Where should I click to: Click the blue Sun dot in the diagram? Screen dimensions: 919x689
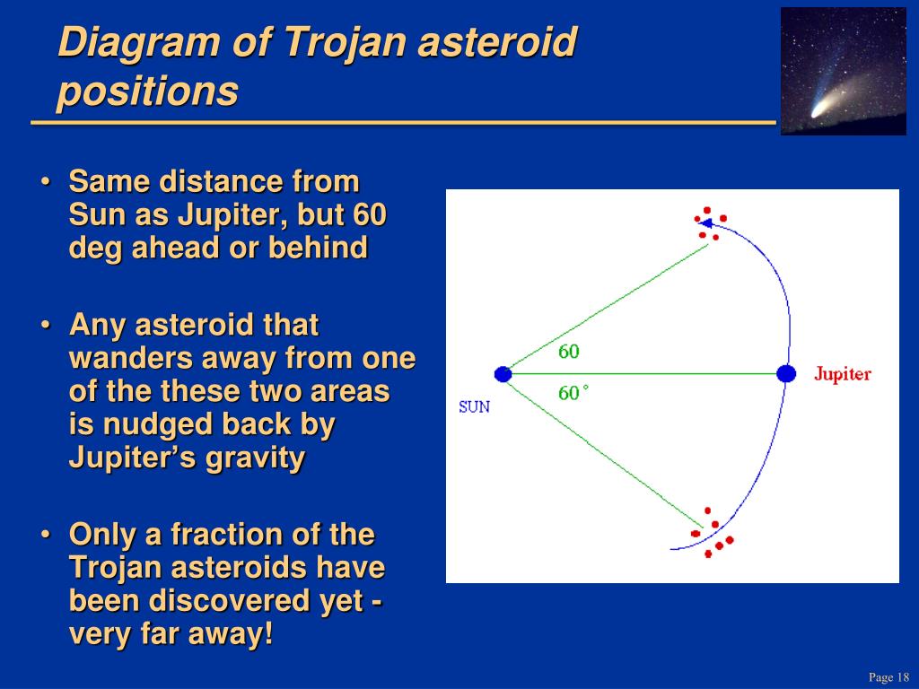click(503, 374)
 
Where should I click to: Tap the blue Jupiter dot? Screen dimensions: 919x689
click(786, 373)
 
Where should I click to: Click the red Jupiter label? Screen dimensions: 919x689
click(842, 374)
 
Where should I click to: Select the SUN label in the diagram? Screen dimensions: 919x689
click(474, 407)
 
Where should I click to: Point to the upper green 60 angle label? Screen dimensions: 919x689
click(568, 352)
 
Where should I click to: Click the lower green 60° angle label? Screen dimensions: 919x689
click(573, 393)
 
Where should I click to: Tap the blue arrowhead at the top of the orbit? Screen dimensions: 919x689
click(705, 223)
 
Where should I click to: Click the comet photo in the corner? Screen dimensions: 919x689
click(844, 71)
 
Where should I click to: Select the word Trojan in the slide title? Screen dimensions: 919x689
click(346, 42)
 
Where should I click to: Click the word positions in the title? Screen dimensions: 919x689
click(148, 91)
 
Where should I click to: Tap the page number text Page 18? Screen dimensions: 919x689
click(888, 676)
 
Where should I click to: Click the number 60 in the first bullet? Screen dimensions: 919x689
click(370, 214)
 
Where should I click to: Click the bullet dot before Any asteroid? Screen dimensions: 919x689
click(46, 325)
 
